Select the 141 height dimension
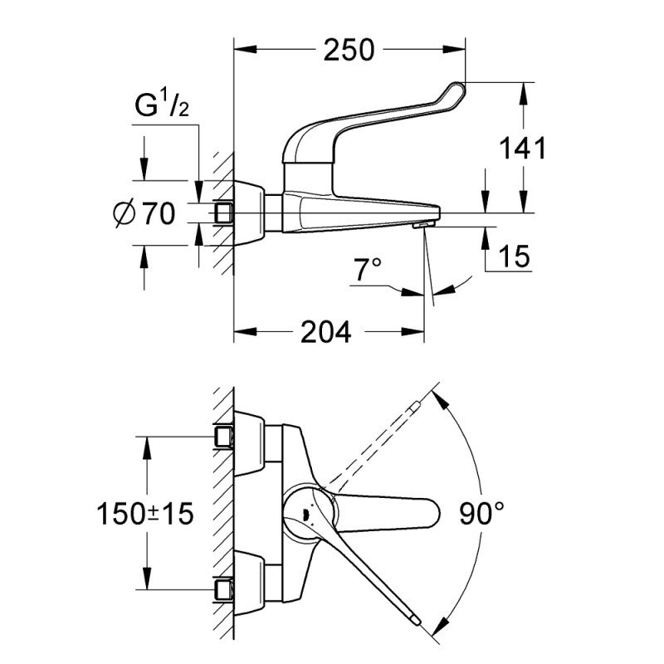(523, 149)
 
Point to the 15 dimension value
(515, 257)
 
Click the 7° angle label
(367, 269)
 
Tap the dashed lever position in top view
(373, 444)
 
